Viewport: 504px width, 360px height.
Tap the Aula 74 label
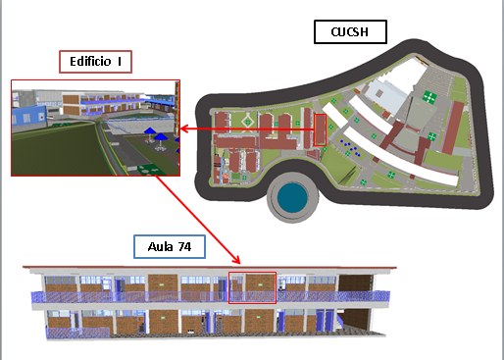coord(169,245)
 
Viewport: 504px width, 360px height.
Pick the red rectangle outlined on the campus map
coord(320,129)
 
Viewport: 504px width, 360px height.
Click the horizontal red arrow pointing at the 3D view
coord(245,128)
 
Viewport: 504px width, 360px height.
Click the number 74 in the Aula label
coord(183,245)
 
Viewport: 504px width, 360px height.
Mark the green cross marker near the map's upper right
coord(430,96)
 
